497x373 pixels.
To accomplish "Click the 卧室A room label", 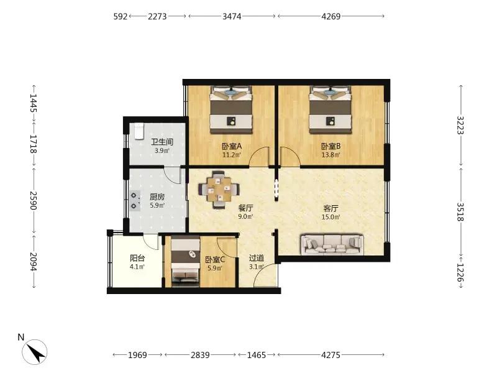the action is click(x=232, y=146).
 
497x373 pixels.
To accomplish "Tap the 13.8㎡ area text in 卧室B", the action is click(x=331, y=155).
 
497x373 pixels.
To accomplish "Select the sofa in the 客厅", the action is click(x=332, y=244).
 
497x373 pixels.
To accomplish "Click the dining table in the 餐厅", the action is click(x=219, y=190).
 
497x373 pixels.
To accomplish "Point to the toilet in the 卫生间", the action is click(x=139, y=131).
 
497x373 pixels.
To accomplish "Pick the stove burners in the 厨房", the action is click(x=134, y=201).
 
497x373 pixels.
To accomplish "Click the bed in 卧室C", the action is click(x=185, y=261).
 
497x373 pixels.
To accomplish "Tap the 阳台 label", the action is click(x=137, y=259).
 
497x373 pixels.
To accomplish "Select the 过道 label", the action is click(x=256, y=259).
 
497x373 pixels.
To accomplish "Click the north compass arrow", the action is click(x=35, y=352).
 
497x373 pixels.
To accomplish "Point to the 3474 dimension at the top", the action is click(x=232, y=16).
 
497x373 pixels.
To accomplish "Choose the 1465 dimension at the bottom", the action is click(x=257, y=355).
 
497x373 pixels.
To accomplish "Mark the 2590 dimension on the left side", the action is click(x=34, y=200).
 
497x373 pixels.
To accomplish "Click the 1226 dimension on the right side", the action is click(x=460, y=272).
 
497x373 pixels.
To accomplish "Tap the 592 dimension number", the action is click(x=121, y=16).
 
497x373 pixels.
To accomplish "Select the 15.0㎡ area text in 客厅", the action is click(x=331, y=217).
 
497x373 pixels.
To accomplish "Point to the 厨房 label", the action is click(x=157, y=196).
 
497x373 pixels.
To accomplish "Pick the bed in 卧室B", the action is click(x=331, y=109).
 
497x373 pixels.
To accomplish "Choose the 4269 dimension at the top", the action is click(x=331, y=16).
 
